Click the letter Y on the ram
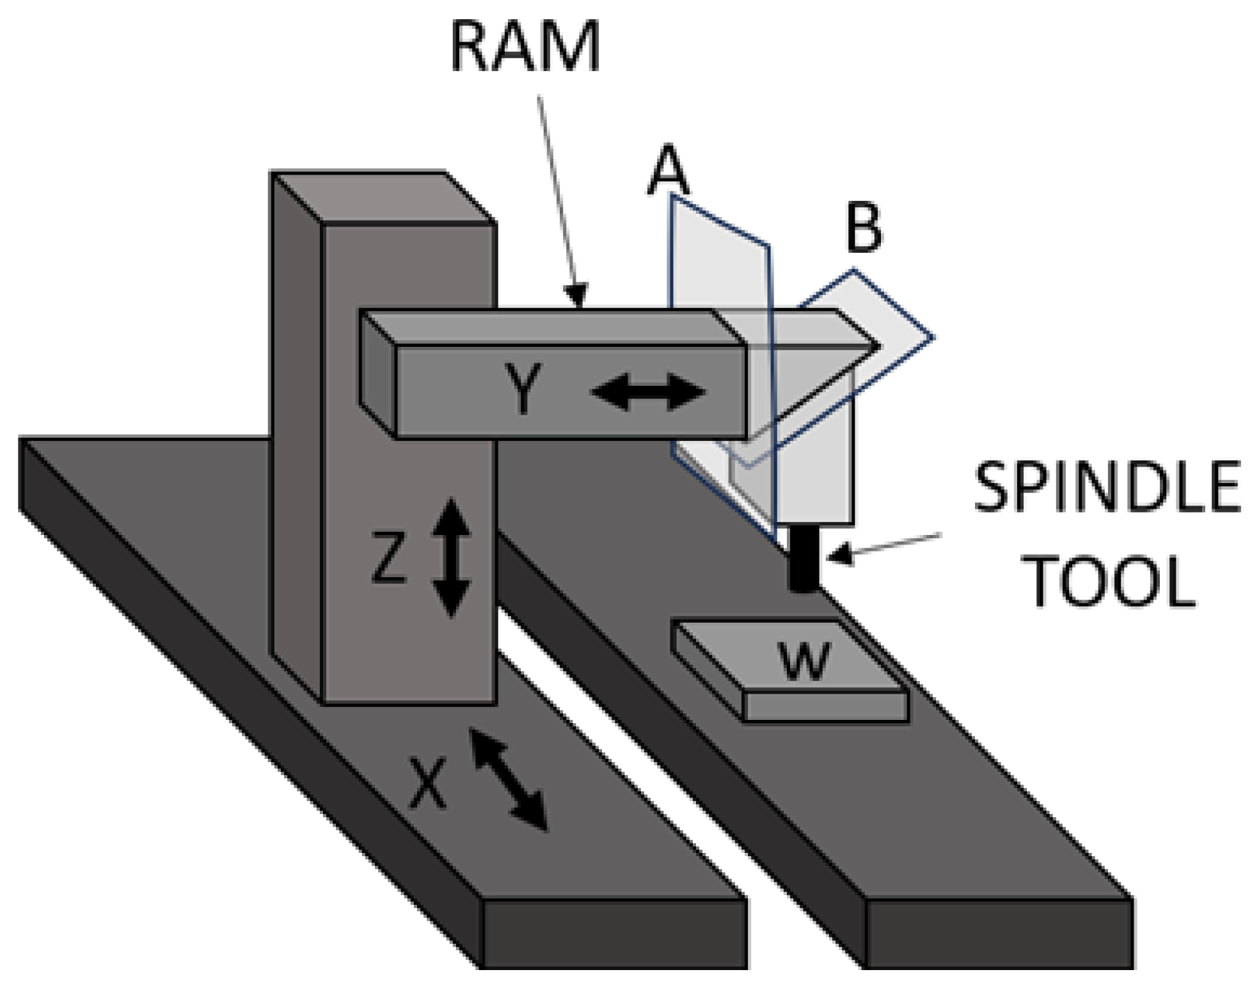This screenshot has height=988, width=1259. coord(523,388)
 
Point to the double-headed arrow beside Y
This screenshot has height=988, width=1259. coord(647,392)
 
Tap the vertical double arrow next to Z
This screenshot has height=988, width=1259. coord(451,557)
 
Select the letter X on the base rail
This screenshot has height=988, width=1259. coord(427,784)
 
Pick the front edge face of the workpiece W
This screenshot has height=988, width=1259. coord(825,706)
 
